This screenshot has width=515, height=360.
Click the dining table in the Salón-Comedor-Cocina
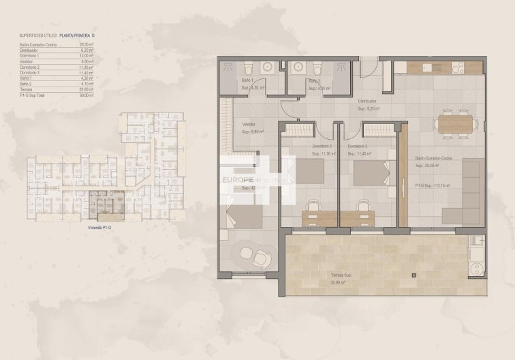click(x=454, y=123)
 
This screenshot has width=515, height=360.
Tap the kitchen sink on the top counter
click(x=426, y=66)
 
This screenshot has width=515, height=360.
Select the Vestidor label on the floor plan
click(x=249, y=124)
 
